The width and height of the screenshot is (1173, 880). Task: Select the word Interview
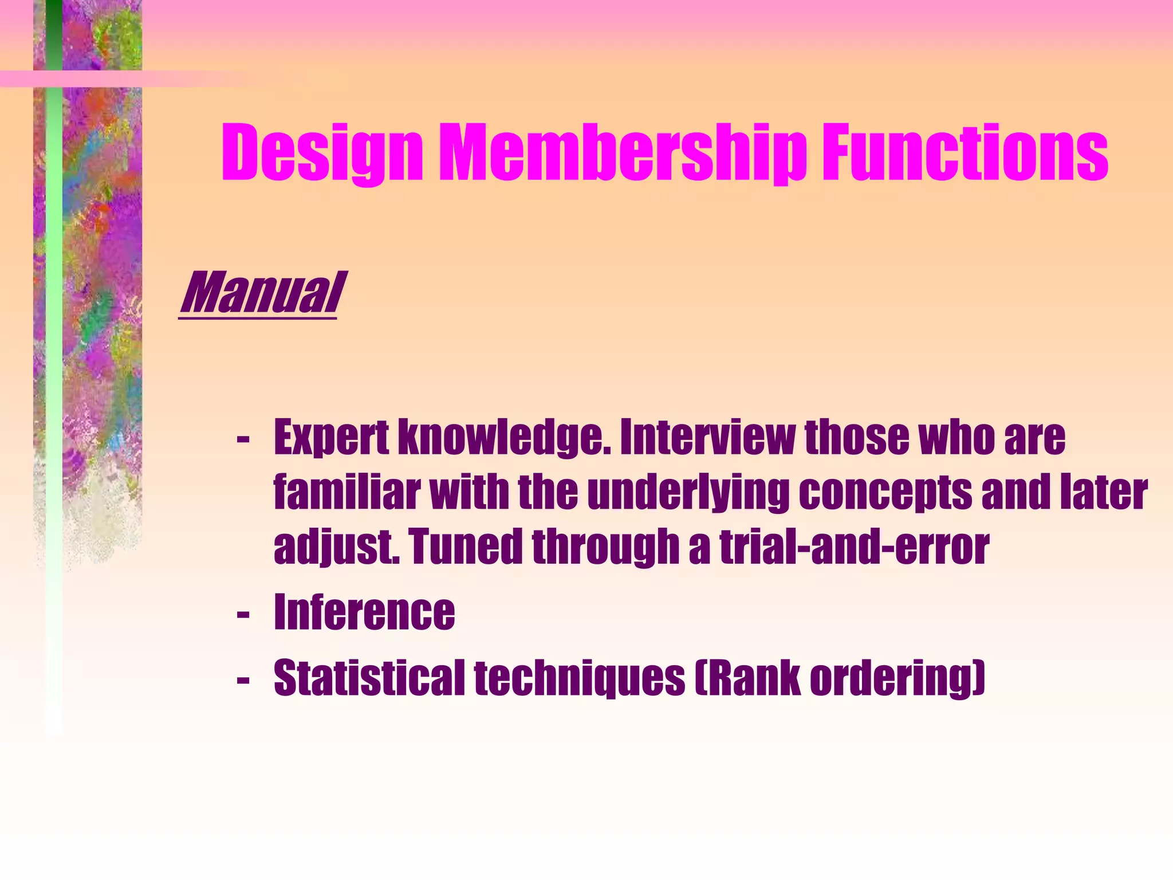click(x=707, y=437)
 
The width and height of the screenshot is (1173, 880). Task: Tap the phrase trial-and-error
click(x=853, y=546)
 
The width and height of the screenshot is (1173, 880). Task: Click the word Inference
click(x=364, y=612)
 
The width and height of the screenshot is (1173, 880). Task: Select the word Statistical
click(x=369, y=678)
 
